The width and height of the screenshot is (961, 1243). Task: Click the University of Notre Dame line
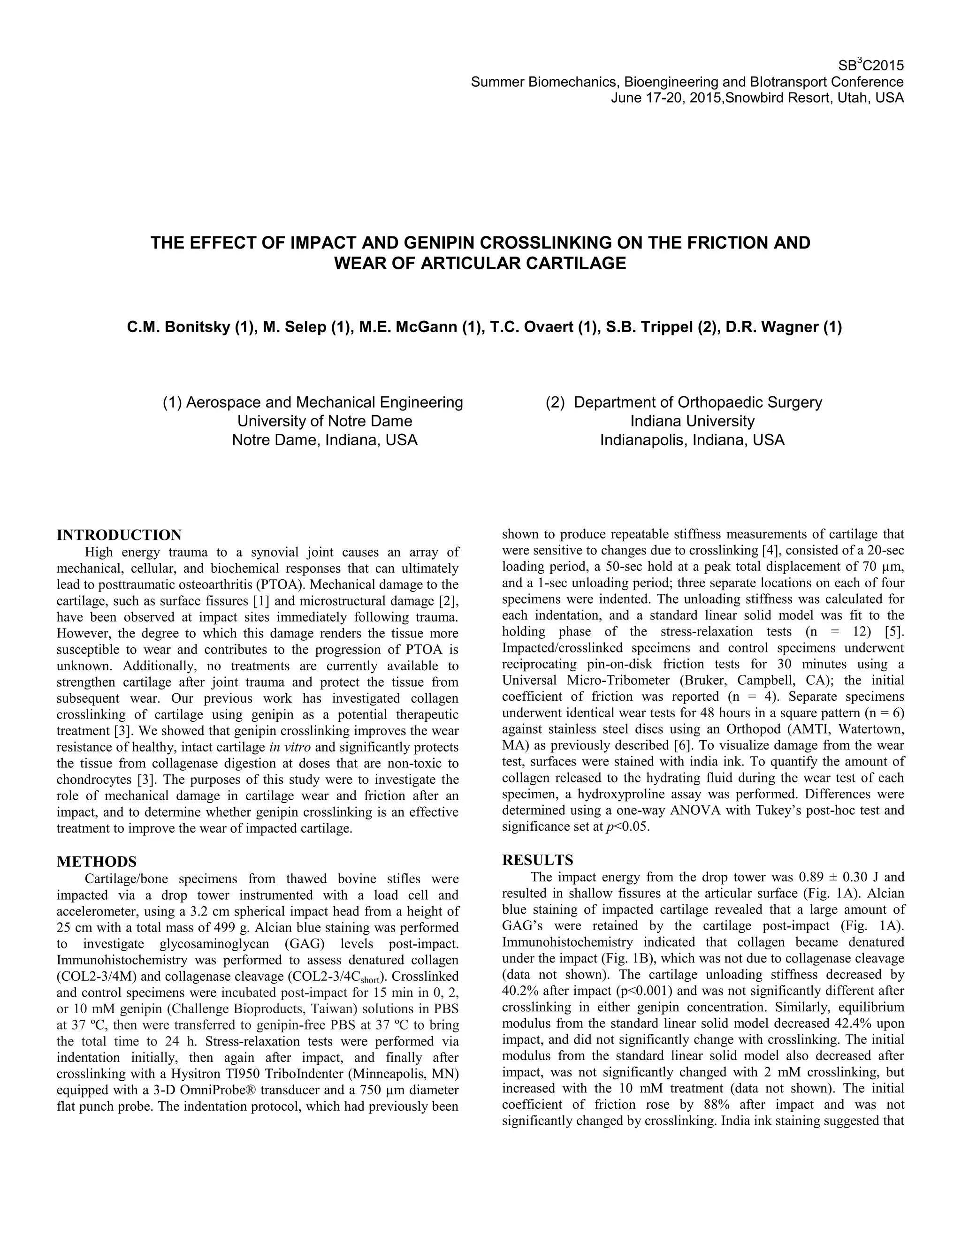(325, 421)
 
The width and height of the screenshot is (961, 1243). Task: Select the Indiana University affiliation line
(692, 421)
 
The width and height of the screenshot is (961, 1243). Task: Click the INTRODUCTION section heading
(119, 535)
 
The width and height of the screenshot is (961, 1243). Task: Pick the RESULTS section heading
(537, 860)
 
